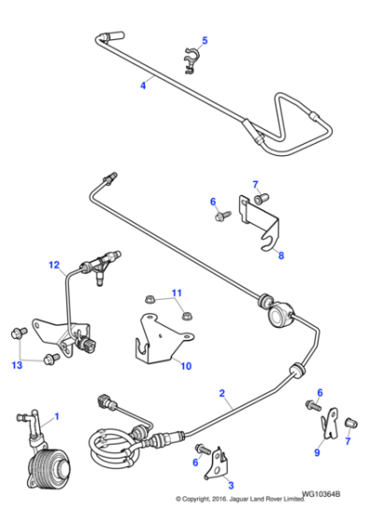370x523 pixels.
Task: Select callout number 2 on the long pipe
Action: coord(222,394)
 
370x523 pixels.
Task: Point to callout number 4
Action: coord(143,85)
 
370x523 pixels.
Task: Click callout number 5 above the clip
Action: coord(206,40)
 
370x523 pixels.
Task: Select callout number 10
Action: coord(187,366)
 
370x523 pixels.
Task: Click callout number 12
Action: coord(54,266)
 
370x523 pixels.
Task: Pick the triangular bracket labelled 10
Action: coord(159,339)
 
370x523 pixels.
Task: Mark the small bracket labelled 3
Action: coord(217,458)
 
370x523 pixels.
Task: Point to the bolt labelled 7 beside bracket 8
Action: coord(263,196)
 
